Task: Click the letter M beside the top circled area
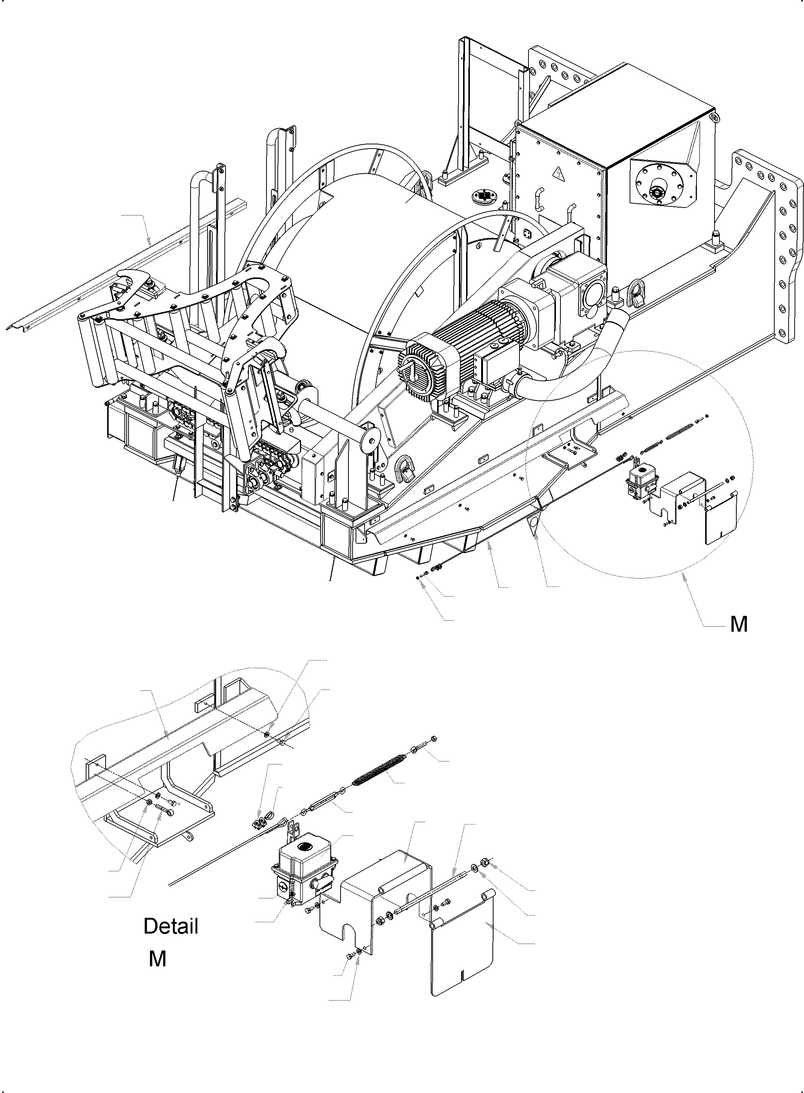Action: point(739,624)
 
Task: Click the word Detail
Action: point(171,926)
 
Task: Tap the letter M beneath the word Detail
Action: point(158,959)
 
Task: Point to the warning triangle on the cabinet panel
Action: point(556,173)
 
